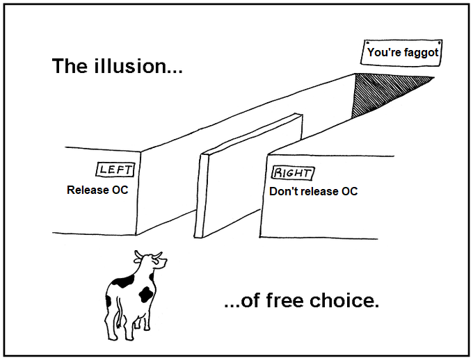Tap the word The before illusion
(72, 67)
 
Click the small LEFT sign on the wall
(114, 169)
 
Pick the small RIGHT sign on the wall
(292, 173)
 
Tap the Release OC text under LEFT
(97, 190)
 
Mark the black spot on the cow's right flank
(146, 293)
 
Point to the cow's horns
(148, 254)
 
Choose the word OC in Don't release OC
(348, 191)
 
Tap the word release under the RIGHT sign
(316, 191)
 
